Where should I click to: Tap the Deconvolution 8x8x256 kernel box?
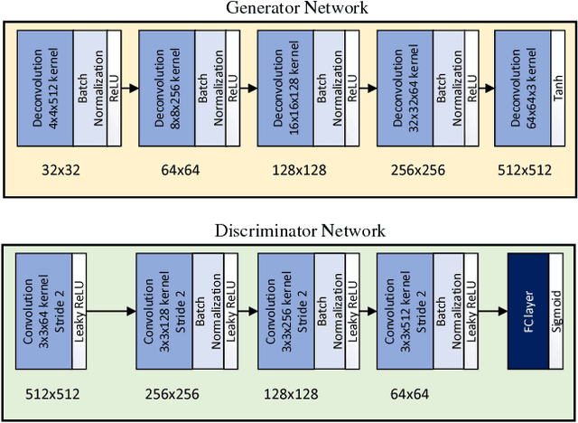166,88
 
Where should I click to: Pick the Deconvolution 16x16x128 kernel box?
284,88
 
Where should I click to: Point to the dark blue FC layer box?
528,312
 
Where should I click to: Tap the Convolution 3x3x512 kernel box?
404,312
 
